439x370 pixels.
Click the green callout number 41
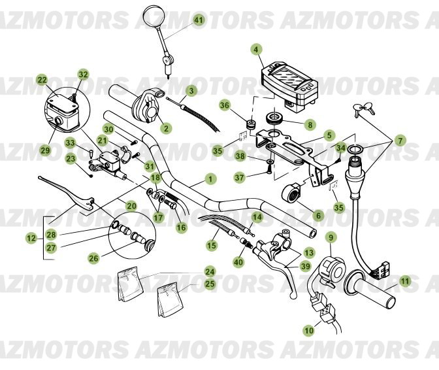(x=199, y=20)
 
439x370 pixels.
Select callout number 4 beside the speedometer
(x=256, y=49)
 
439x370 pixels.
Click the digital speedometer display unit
(x=287, y=81)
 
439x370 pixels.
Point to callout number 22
(x=42, y=80)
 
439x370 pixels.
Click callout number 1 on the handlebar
(x=210, y=178)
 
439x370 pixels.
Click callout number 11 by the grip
(x=406, y=281)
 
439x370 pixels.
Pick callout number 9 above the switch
(x=331, y=237)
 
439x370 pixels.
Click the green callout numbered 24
(x=210, y=271)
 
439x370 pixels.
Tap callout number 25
(x=210, y=283)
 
